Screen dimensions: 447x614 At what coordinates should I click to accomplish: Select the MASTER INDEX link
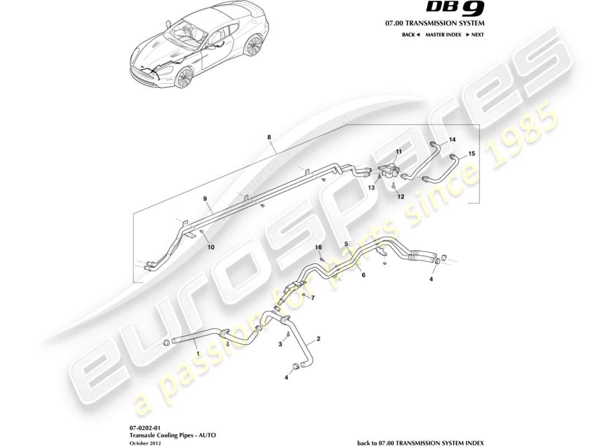tap(443, 35)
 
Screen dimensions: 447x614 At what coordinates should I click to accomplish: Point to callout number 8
tap(270, 137)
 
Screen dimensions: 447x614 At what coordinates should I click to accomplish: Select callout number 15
tap(472, 153)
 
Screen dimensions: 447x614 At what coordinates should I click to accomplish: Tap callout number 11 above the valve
tap(399, 152)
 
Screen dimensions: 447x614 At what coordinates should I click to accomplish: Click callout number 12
tap(400, 197)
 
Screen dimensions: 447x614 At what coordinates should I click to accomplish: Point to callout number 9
tap(205, 198)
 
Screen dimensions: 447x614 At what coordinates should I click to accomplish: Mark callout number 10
tap(211, 246)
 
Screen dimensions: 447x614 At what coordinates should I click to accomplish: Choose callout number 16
tap(319, 247)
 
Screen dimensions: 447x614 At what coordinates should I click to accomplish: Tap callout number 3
tap(281, 345)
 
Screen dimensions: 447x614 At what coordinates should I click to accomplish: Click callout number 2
tap(319, 339)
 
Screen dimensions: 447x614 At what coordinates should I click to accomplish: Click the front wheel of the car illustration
tap(183, 78)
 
